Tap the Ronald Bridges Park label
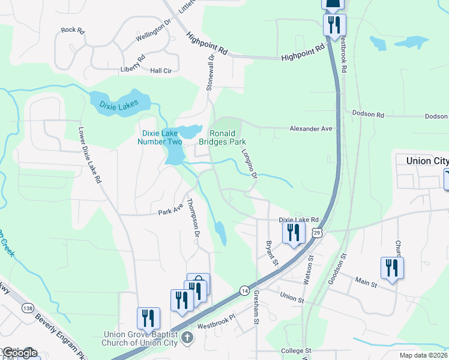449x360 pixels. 227,137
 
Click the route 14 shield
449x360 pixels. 244,290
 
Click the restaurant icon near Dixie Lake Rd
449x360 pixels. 293,232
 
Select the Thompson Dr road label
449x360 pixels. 193,217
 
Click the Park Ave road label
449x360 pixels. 170,211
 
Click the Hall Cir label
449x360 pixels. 161,71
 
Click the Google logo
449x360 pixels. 20,353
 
